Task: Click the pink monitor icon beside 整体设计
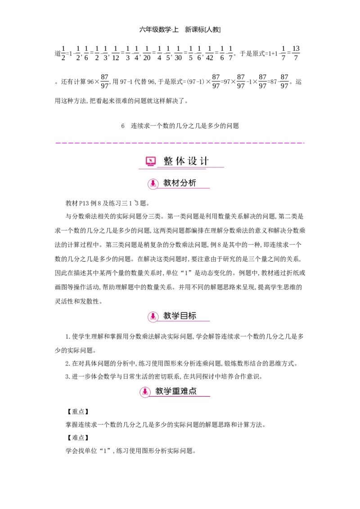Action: coord(151,161)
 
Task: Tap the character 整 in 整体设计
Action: coord(168,161)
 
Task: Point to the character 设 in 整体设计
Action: coord(193,161)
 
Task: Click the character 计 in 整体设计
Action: coord(204,161)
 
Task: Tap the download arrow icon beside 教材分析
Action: coord(153,183)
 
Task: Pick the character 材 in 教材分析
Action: coord(176,183)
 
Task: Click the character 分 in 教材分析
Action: coord(184,183)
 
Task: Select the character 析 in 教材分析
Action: coord(192,183)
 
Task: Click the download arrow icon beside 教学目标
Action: coord(153,316)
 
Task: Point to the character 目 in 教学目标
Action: coord(184,316)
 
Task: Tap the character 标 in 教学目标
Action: coord(192,316)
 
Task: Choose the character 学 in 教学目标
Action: coord(176,316)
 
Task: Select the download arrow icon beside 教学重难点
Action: coord(145,392)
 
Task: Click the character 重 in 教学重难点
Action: coord(176,391)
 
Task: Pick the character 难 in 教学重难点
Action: coord(184,391)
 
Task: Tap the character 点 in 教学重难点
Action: coord(193,391)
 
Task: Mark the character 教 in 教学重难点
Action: coord(159,391)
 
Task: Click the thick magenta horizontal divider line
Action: coord(180,142)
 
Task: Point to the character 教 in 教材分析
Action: coord(167,183)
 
